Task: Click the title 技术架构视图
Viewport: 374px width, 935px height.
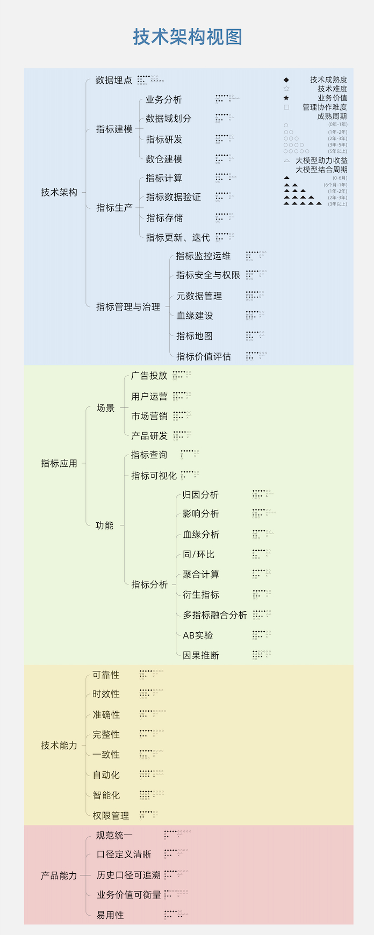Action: pyautogui.click(x=187, y=37)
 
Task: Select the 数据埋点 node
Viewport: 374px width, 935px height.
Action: pyautogui.click(x=113, y=81)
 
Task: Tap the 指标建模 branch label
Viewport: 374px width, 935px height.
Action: pyautogui.click(x=114, y=129)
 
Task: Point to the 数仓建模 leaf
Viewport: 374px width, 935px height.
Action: pyautogui.click(x=164, y=159)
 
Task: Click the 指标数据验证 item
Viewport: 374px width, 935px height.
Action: pyautogui.click(x=173, y=198)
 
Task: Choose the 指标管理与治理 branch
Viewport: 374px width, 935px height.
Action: pyautogui.click(x=128, y=307)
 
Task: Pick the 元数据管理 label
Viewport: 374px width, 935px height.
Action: pyautogui.click(x=199, y=296)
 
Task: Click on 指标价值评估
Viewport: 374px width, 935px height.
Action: pyautogui.click(x=203, y=357)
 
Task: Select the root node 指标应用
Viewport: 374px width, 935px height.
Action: pyautogui.click(x=59, y=464)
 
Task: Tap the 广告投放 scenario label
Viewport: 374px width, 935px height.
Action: pyautogui.click(x=149, y=376)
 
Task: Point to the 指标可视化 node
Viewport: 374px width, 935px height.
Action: pyautogui.click(x=154, y=476)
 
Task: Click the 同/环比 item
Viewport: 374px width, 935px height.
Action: pyautogui.click(x=198, y=555)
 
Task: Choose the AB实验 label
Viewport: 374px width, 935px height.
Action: pyautogui.click(x=198, y=635)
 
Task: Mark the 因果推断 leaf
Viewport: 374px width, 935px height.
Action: pyautogui.click(x=200, y=655)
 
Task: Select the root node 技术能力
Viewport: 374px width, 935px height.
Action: pyautogui.click(x=59, y=746)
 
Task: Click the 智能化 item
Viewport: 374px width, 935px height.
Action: pyautogui.click(x=106, y=795)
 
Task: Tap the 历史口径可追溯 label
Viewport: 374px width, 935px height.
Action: pyautogui.click(x=128, y=875)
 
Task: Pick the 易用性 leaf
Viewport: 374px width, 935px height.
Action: pyautogui.click(x=110, y=915)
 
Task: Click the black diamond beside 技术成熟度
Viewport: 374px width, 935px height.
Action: pyautogui.click(x=286, y=80)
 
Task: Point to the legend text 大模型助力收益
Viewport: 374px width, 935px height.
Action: pyautogui.click(x=321, y=160)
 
